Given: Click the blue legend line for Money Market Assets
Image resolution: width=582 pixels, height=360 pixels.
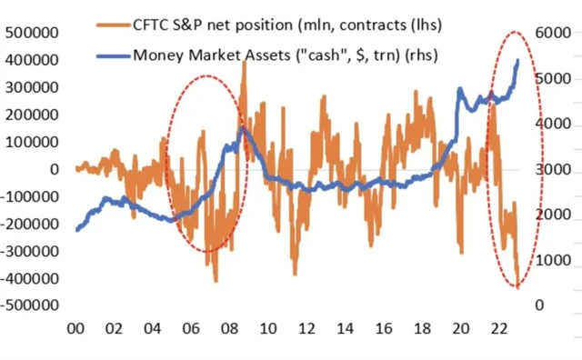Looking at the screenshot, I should pos(110,55).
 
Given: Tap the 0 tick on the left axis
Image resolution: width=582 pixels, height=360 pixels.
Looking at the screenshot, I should pos(55,169).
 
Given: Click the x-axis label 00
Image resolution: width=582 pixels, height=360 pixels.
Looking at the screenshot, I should pos(75,331).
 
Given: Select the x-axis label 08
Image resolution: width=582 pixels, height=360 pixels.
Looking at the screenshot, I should pos(231,331).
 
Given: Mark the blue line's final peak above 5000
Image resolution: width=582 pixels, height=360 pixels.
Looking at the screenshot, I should pos(518,60).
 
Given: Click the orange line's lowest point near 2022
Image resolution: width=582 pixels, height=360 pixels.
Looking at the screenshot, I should pos(517,287).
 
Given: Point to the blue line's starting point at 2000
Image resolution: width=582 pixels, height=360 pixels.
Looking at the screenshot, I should pos(75,230).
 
